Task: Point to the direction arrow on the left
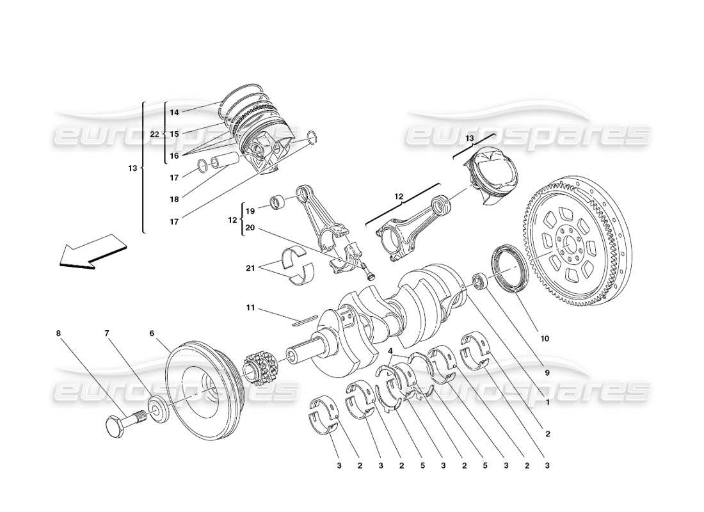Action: point(90,252)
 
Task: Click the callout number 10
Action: point(545,339)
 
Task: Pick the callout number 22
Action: point(154,134)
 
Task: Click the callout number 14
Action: point(174,112)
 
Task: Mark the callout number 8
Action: point(58,333)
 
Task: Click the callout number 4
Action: point(390,351)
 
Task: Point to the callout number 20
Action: point(250,228)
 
